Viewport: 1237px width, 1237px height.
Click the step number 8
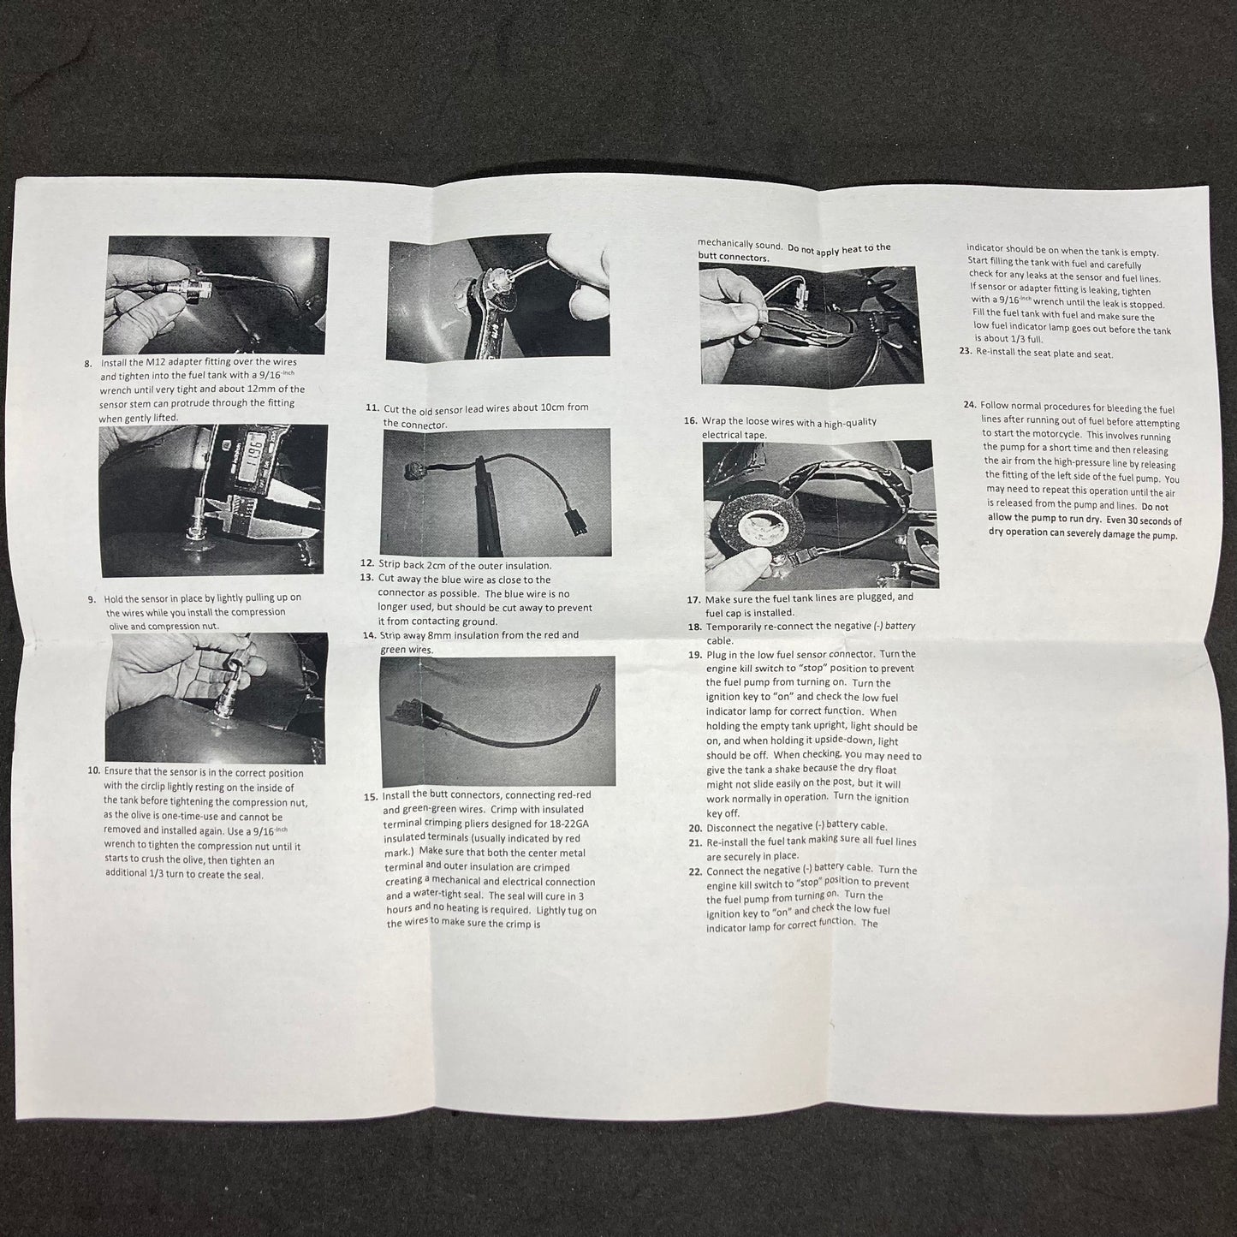click(x=88, y=363)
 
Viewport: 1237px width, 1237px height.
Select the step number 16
click(x=691, y=421)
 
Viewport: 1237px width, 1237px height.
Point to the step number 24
click(x=970, y=404)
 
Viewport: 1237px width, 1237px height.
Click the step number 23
click(x=965, y=351)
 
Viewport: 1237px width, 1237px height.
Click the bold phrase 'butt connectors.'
click(x=734, y=258)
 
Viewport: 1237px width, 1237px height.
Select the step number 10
click(x=94, y=770)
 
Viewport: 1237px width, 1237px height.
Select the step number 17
click(x=693, y=600)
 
